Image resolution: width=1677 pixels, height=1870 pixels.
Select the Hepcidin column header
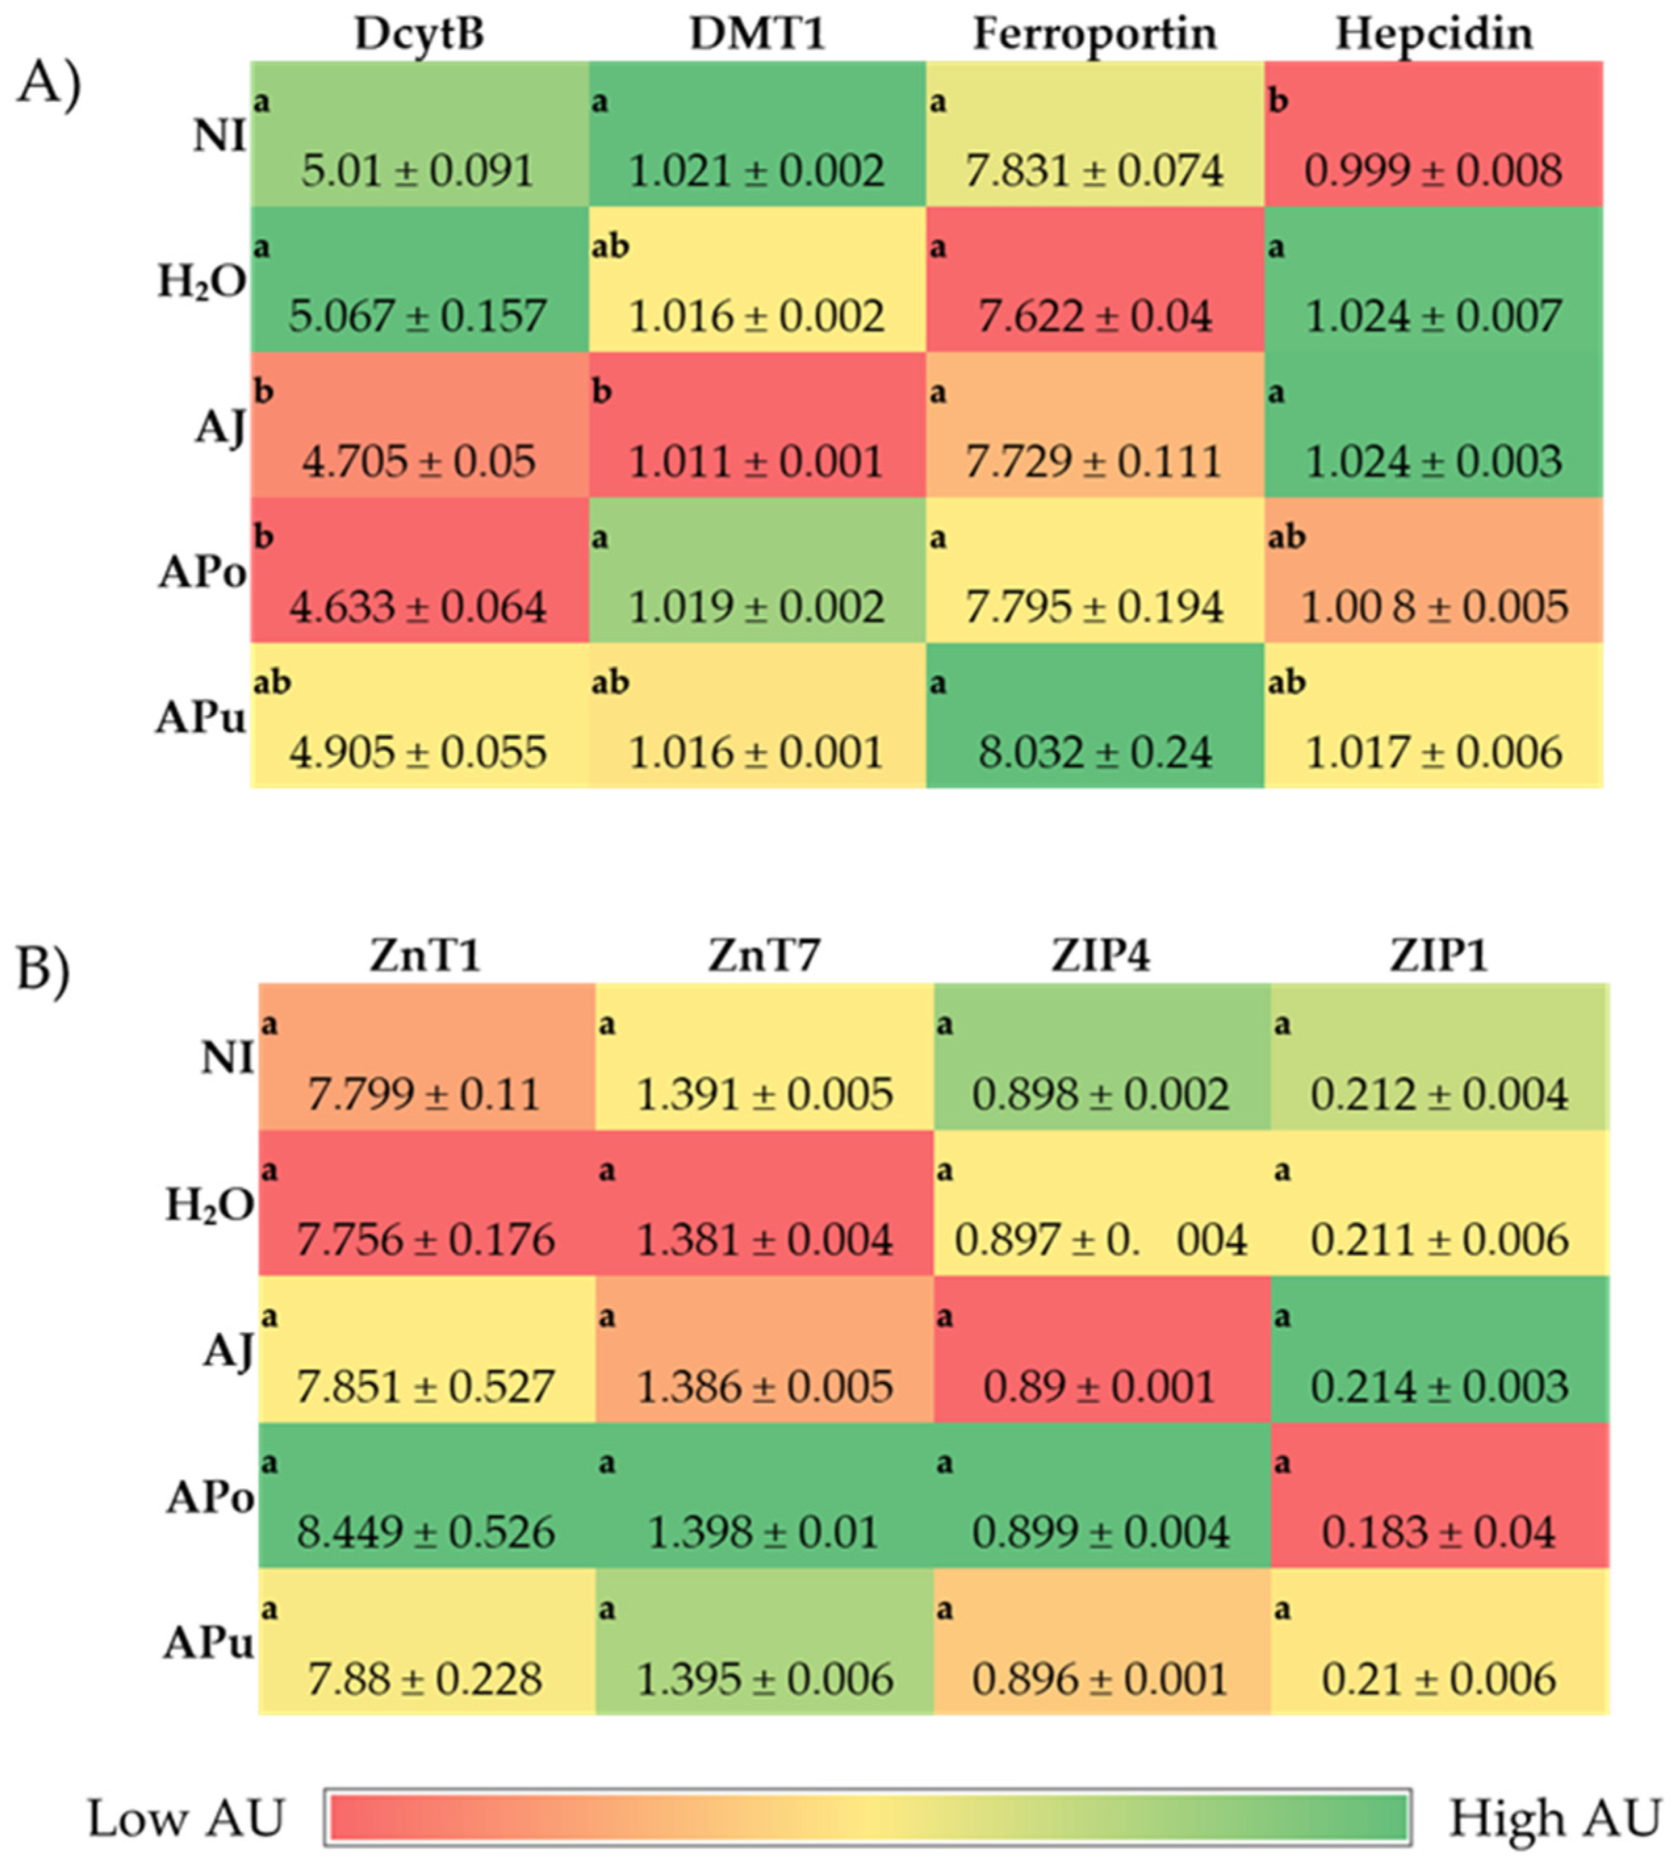[1434, 35]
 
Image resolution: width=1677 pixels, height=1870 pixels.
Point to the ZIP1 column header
[1439, 956]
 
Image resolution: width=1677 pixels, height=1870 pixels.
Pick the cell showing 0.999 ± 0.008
[1434, 135]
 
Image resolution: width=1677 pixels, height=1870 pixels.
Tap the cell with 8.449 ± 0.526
[426, 1495]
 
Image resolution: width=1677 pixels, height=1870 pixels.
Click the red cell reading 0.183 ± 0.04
[1439, 1495]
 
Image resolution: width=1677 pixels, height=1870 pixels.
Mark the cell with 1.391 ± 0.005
[764, 1057]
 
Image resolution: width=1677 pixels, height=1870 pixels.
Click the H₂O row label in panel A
[202, 282]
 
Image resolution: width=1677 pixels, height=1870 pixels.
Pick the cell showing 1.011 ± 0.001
[757, 425]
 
